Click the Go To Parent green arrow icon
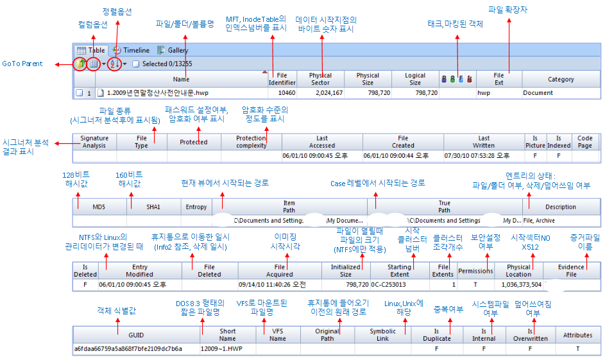tap(81, 64)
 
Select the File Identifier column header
tap(282, 79)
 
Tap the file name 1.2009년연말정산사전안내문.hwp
tap(153, 93)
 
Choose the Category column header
tap(561, 79)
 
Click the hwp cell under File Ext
tap(484, 93)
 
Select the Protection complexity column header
tap(251, 142)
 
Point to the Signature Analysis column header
tap(94, 142)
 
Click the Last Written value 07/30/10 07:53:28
tap(483, 155)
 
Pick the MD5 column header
tap(99, 207)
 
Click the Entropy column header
tap(196, 207)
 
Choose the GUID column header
tap(135, 335)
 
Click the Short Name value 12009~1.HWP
tap(221, 348)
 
